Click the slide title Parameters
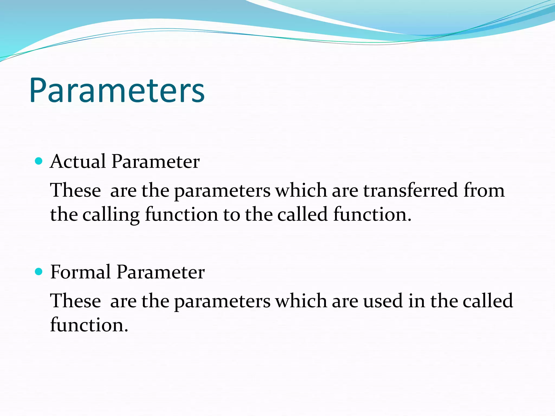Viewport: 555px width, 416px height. (117, 91)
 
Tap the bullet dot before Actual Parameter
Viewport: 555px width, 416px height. (39, 161)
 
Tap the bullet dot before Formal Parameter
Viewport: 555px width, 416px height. (39, 272)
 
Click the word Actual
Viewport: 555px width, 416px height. (78, 161)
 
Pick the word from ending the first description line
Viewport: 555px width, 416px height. (484, 190)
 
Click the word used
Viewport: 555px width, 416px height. (383, 301)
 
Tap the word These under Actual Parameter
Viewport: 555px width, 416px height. (76, 190)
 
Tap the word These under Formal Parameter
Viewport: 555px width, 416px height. (76, 301)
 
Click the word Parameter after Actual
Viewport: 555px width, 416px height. (156, 161)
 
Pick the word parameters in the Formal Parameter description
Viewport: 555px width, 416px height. (222, 301)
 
